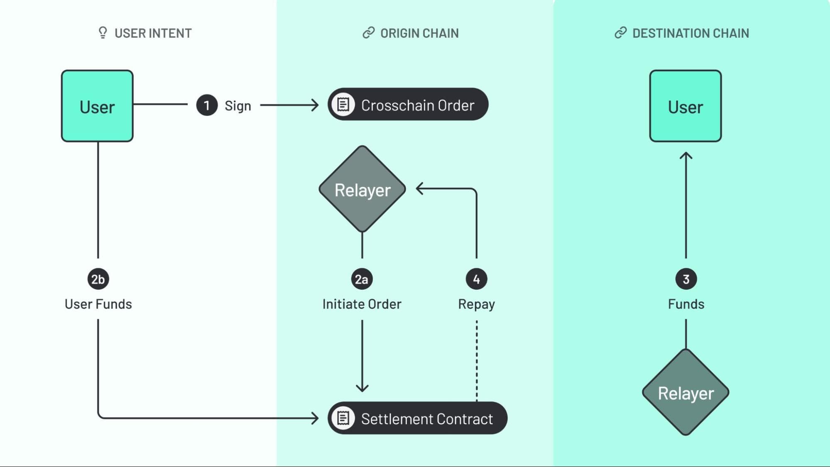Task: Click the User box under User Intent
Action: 97,106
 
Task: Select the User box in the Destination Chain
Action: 685,106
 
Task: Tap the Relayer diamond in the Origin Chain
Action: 362,189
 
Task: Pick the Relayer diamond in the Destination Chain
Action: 686,392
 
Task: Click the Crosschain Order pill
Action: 408,105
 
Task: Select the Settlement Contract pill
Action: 417,418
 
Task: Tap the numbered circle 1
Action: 207,105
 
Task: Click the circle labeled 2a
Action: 362,279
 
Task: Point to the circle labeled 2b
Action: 98,279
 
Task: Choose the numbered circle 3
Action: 686,279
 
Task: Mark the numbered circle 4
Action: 476,279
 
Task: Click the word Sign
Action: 237,106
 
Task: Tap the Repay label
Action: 476,304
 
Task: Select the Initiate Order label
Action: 362,304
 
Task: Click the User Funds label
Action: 98,304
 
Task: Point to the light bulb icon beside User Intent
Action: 103,33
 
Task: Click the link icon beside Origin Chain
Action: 368,33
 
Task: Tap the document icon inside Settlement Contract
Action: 343,418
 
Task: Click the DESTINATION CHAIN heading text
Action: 690,33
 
